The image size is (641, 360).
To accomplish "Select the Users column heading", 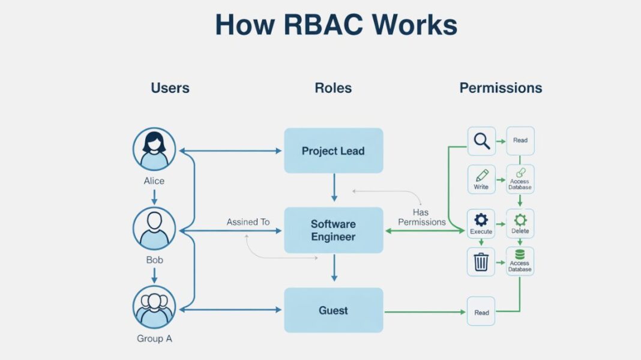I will (x=170, y=88).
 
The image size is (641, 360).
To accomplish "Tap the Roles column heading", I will (x=333, y=88).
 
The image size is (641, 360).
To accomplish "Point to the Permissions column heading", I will (x=501, y=88).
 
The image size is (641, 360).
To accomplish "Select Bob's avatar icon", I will (x=154, y=229).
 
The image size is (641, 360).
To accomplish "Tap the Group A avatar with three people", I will (x=154, y=307).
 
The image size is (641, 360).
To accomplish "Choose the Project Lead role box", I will (x=333, y=151).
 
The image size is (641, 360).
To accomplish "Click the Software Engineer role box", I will (x=333, y=230).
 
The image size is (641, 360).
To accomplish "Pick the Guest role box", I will (x=333, y=310).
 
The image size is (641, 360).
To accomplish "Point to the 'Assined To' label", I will (x=248, y=222).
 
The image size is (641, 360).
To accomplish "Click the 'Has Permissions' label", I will (x=421, y=217).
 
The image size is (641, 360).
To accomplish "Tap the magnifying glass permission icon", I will (x=481, y=141).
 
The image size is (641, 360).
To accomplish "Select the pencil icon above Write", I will (x=481, y=176).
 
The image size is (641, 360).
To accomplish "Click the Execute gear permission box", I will (x=481, y=223).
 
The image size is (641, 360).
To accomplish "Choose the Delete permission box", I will (x=520, y=223).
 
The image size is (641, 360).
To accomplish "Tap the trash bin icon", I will (x=481, y=262).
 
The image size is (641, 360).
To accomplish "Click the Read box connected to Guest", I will (x=481, y=311).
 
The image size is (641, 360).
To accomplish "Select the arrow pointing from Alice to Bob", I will (x=154, y=196).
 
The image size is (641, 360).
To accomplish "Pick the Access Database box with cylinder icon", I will (x=520, y=261).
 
